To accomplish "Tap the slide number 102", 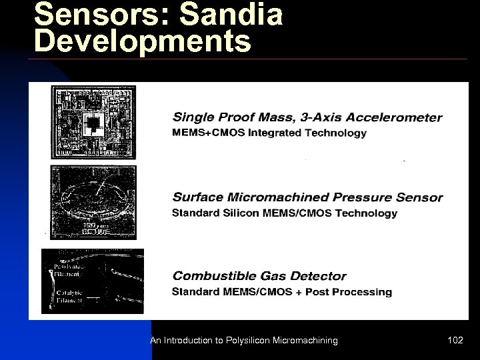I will click(455, 341).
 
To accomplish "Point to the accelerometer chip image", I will click(93, 122).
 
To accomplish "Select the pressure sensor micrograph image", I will click(93, 202).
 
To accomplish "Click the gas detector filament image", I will click(93, 281).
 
